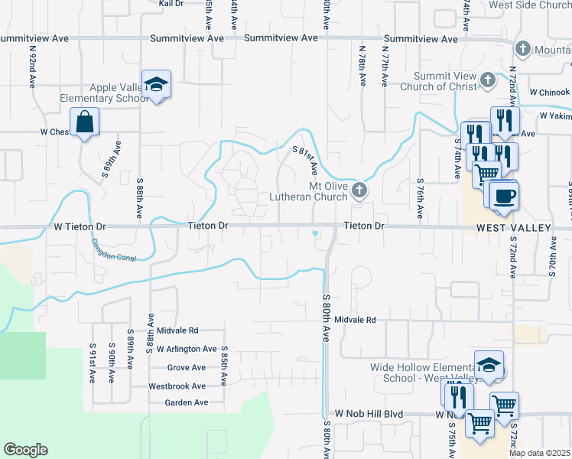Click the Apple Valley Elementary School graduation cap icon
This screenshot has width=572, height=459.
point(156,84)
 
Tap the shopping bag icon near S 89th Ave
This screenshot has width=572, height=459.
point(84,122)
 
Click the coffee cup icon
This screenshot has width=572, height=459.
point(504,196)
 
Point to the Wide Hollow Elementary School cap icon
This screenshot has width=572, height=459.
point(489,365)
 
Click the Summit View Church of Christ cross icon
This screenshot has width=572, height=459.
point(489,79)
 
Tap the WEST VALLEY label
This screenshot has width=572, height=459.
point(513,228)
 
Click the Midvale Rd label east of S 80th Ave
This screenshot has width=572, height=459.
point(356,320)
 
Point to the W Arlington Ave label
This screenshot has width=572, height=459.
point(187,349)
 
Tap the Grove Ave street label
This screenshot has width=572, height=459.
point(187,368)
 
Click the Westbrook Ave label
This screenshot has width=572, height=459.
point(177,386)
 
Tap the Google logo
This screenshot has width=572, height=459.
point(25,450)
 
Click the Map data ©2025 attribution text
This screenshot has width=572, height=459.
point(538,453)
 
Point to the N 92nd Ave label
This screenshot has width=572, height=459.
point(33,68)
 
